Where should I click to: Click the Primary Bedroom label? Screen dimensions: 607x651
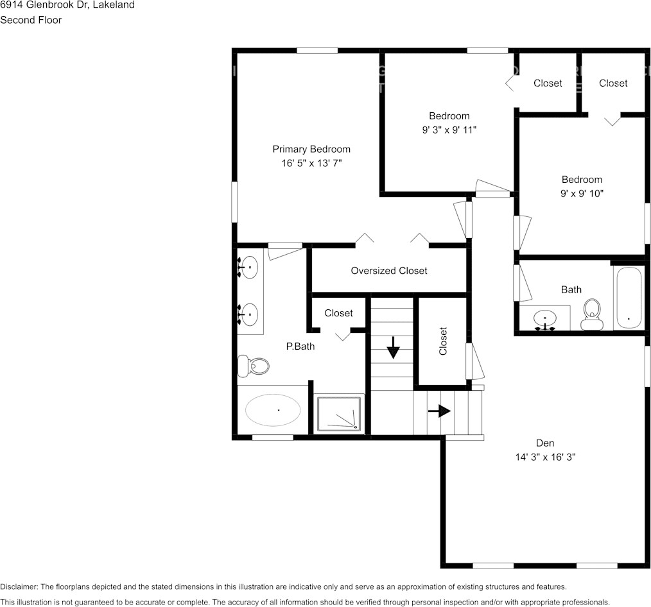coord(311,150)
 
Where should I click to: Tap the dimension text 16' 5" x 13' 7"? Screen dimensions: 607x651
coord(311,164)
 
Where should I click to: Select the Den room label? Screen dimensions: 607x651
coord(545,443)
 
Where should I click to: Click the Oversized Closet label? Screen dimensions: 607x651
coord(388,271)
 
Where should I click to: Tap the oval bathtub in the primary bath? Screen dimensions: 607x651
coord(273,409)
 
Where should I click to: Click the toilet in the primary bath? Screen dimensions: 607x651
coord(254,366)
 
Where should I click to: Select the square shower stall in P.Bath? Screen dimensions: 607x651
coord(340,414)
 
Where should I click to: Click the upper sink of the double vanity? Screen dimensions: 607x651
coord(249,266)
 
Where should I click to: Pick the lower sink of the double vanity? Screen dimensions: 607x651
coord(249,314)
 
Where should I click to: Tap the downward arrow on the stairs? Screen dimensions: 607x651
coord(393,350)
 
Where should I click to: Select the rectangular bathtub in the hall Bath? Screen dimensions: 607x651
coord(628,298)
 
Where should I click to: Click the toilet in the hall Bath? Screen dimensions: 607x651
coord(591,313)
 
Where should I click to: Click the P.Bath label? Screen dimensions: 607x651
coord(299,346)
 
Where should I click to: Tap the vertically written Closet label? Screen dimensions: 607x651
coord(443,341)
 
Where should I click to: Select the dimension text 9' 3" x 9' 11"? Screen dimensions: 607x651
coord(449,130)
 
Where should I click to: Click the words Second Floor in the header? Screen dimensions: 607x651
coord(31,20)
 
